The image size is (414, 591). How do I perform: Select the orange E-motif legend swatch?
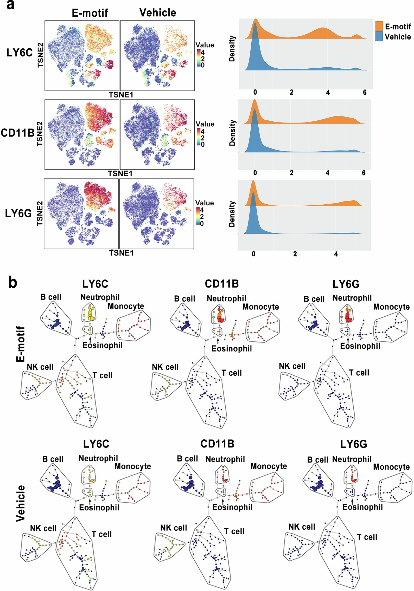click(x=379, y=26)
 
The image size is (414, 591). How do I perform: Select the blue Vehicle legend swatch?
click(x=379, y=36)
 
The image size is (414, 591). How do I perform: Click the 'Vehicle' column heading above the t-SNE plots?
click(x=158, y=12)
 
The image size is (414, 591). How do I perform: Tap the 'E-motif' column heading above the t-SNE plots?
click(x=90, y=13)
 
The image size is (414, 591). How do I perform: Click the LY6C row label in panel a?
click(x=20, y=53)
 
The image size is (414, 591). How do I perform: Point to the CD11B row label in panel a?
click(x=17, y=133)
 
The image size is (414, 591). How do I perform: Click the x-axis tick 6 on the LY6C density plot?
click(x=365, y=92)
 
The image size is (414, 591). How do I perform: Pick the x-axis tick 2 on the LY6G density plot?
click(x=295, y=254)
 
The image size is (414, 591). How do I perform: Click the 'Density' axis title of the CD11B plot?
click(x=232, y=133)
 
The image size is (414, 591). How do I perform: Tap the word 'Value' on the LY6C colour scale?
click(x=205, y=45)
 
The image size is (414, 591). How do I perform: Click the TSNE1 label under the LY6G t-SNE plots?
click(x=121, y=253)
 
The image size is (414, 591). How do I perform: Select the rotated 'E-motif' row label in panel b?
click(x=21, y=344)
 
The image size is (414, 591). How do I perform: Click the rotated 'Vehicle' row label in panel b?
click(x=21, y=503)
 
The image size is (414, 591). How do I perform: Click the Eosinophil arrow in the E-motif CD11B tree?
click(x=218, y=341)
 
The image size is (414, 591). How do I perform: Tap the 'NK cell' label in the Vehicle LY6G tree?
click(x=302, y=527)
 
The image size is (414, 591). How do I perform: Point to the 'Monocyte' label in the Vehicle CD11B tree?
click(x=269, y=466)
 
